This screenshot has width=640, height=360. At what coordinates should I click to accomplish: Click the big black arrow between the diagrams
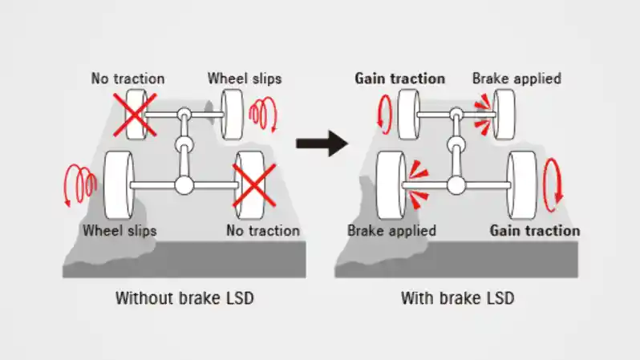(x=322, y=144)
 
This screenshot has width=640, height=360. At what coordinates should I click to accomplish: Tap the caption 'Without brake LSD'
(x=184, y=298)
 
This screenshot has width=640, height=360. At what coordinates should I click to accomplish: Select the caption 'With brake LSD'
(x=458, y=298)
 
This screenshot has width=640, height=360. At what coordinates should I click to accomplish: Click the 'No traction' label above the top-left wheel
(x=128, y=79)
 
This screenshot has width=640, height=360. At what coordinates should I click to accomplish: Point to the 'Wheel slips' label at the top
(x=245, y=79)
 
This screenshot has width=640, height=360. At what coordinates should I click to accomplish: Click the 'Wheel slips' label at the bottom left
(x=119, y=231)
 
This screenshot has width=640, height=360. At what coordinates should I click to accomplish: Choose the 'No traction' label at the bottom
(x=263, y=231)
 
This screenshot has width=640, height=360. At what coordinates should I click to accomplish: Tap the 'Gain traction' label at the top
(x=399, y=79)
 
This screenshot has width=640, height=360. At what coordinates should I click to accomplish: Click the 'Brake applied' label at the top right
(x=516, y=79)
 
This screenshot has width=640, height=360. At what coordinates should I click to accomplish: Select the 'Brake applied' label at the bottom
(x=392, y=231)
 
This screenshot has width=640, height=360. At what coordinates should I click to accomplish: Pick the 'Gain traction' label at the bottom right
(x=535, y=231)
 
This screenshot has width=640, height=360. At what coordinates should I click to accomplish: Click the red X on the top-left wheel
(x=135, y=115)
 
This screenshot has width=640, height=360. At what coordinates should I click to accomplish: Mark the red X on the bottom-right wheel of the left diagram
(x=254, y=186)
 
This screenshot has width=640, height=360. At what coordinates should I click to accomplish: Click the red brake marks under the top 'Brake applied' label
(x=483, y=115)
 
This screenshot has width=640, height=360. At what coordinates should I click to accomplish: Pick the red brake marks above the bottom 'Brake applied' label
(x=417, y=184)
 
